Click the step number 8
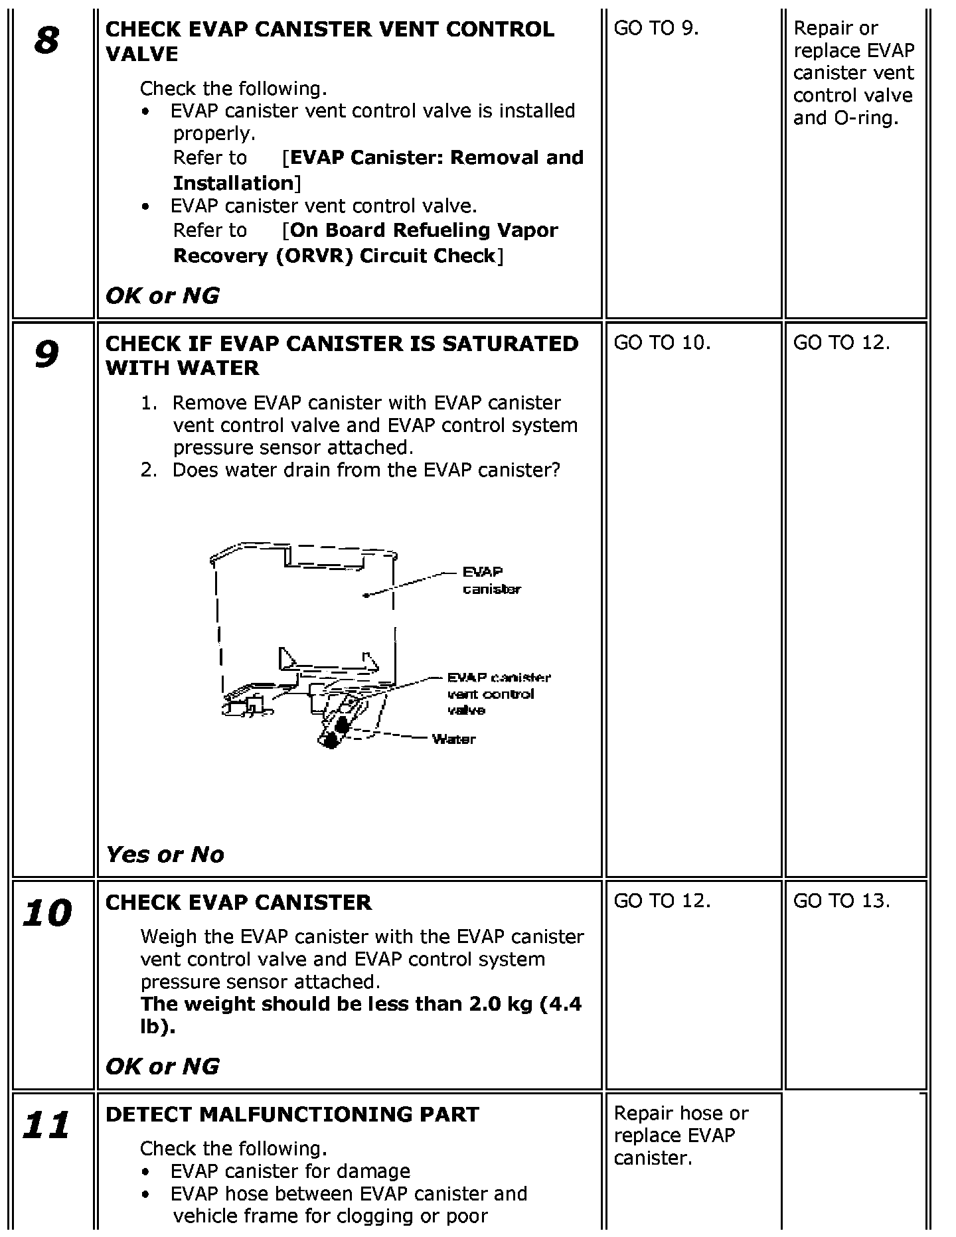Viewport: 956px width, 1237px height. (x=46, y=40)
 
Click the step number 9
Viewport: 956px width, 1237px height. (x=46, y=354)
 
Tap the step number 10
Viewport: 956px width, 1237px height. (x=46, y=913)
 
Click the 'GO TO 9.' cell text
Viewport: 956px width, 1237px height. (x=656, y=28)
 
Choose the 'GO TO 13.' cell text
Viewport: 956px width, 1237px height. (x=841, y=901)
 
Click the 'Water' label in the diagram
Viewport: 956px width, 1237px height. (x=453, y=739)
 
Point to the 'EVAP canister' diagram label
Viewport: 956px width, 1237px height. (x=492, y=580)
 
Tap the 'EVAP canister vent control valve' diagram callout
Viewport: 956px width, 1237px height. (x=499, y=693)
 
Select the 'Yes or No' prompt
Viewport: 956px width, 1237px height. (x=165, y=854)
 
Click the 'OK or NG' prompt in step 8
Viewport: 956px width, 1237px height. (x=162, y=296)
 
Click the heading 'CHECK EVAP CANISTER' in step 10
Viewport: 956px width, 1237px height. (x=239, y=903)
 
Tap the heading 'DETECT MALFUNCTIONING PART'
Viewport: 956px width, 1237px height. (x=292, y=1114)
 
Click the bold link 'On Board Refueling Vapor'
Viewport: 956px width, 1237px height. (x=425, y=230)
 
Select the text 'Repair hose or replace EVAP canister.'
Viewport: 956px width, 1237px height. (x=681, y=1135)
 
